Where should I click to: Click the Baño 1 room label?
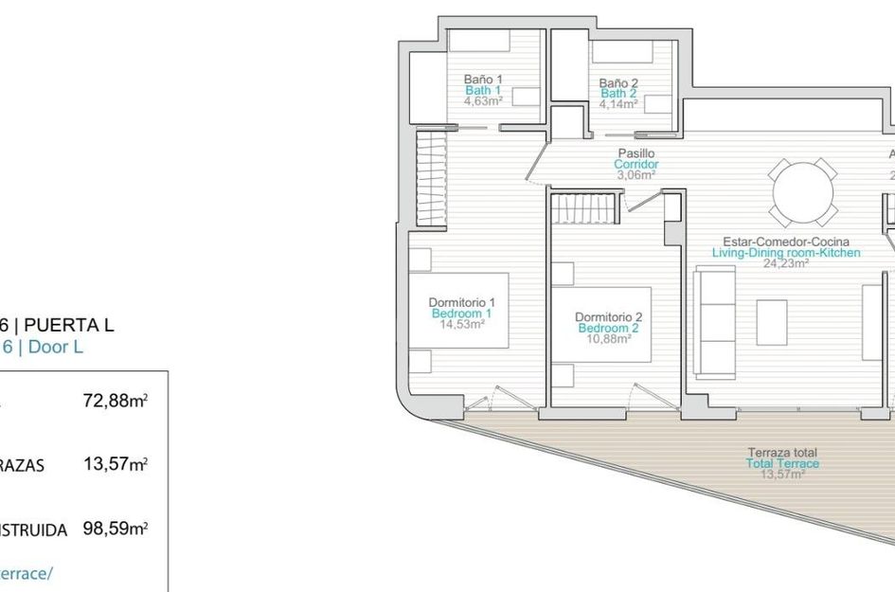[483, 79]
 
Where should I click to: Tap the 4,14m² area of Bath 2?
[618, 104]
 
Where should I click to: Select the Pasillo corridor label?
[635, 152]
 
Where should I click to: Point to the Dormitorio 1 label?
[461, 302]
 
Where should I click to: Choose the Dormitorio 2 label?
[608, 316]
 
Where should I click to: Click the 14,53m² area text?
[462, 324]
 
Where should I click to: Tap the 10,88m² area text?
[608, 338]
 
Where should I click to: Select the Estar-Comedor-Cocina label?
[786, 242]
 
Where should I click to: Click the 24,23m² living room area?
[786, 264]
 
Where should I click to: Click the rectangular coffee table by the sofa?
[772, 322]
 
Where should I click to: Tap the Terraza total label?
[781, 453]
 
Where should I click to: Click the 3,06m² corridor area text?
[635, 175]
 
